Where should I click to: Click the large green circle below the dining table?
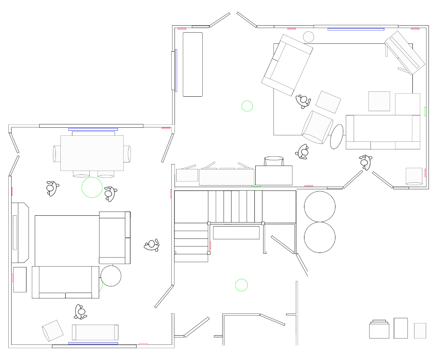click(92, 187)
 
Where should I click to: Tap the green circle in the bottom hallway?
click(241, 285)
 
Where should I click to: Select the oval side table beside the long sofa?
click(337, 136)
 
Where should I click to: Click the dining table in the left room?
click(92, 153)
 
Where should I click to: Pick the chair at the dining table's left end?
click(57, 153)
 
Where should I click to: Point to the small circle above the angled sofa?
click(309, 37)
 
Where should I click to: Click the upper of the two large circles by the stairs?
click(319, 206)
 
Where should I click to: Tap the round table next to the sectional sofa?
click(111, 276)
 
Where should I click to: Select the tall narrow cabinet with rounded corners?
click(193, 64)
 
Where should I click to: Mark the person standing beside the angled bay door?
click(364, 162)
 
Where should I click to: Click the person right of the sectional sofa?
click(152, 246)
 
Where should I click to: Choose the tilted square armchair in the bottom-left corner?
click(53, 331)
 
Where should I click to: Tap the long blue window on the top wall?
click(356, 29)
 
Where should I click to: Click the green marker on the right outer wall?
click(425, 111)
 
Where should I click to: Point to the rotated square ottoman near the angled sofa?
click(328, 102)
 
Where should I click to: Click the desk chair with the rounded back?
click(274, 161)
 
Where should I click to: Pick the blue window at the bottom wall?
click(93, 343)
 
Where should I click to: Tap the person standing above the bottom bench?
click(81, 312)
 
